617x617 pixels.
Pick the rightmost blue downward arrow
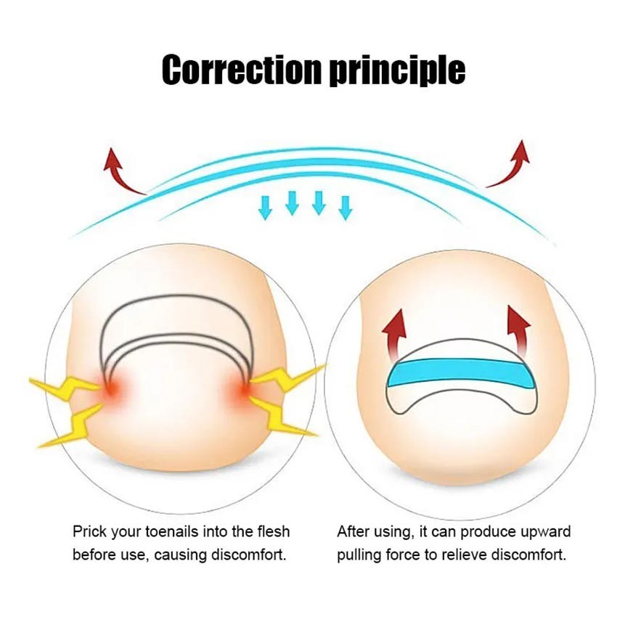(346, 207)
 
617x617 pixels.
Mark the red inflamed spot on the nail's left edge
(111, 390)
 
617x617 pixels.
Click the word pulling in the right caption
(360, 556)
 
